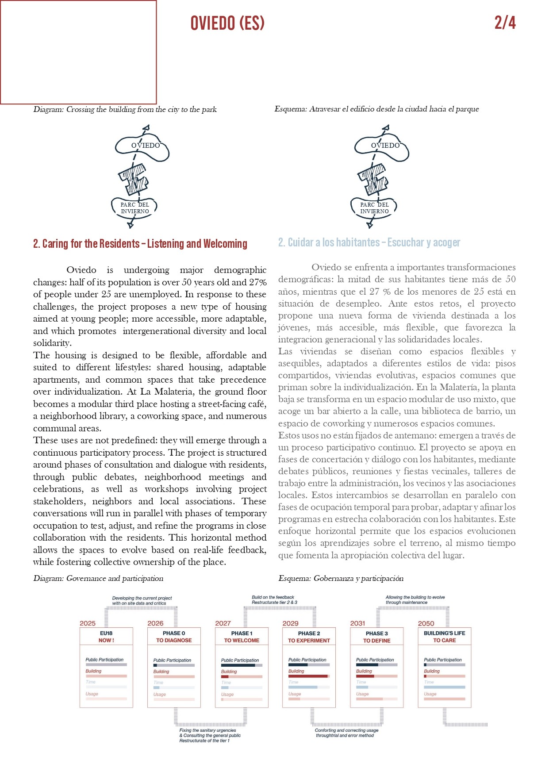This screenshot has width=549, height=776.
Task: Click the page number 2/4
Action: [x=505, y=23]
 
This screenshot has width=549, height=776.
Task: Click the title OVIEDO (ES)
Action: [x=227, y=23]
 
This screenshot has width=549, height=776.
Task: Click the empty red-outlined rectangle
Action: [x=78, y=52]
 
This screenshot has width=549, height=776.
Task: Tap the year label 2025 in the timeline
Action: [x=88, y=623]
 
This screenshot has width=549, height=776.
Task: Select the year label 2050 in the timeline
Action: [x=426, y=623]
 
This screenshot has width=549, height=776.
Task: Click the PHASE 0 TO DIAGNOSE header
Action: [x=174, y=637]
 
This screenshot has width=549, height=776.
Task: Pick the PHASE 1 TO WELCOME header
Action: [x=242, y=637]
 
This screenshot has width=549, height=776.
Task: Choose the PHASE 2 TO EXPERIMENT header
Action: [x=309, y=637]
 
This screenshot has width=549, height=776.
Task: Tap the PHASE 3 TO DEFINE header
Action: [x=377, y=637]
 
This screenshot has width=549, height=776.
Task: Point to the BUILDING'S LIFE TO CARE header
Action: [x=444, y=637]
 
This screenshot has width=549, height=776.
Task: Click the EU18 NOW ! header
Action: [x=106, y=637]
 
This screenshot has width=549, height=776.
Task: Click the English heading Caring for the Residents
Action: [x=140, y=244]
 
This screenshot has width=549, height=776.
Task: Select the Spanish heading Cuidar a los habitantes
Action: [x=369, y=242]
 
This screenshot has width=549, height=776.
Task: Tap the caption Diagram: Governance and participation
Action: [x=98, y=578]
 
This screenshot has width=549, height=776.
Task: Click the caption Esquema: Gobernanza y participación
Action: [x=341, y=578]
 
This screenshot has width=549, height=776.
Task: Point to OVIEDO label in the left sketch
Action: [x=146, y=145]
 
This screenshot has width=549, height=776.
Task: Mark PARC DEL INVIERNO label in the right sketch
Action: [x=374, y=208]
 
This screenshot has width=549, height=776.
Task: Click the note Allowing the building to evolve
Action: [x=415, y=599]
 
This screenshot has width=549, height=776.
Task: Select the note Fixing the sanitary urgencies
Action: [x=210, y=735]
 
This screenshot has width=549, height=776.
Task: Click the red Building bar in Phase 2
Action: [x=307, y=676]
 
